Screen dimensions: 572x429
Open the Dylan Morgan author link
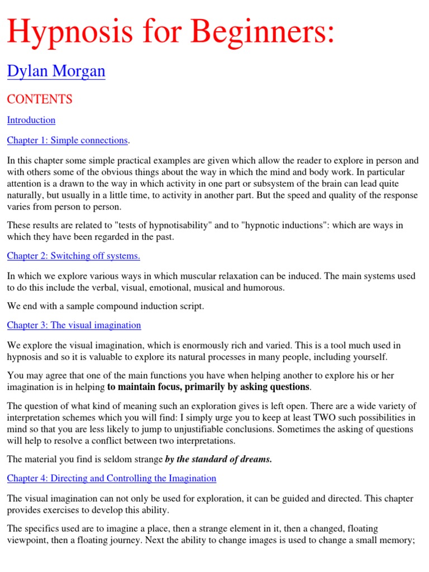(x=56, y=71)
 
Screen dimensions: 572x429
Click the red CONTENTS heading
(x=39, y=99)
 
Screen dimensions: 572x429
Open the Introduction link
(x=31, y=120)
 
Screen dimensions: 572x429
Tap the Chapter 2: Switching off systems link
(x=73, y=256)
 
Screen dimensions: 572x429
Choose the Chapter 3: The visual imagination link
(x=74, y=325)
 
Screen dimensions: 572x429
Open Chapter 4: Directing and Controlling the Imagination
(x=111, y=478)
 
